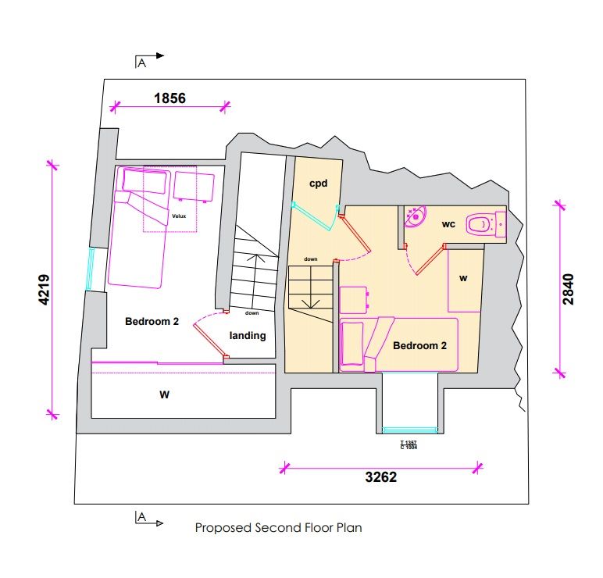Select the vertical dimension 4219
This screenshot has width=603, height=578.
click(x=45, y=290)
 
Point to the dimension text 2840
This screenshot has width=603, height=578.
click(x=568, y=288)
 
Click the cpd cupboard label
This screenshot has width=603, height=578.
click(x=317, y=184)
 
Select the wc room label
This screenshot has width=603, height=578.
click(x=448, y=224)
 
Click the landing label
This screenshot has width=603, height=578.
click(x=248, y=336)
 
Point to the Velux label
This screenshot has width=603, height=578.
click(x=179, y=215)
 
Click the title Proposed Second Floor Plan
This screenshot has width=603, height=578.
click(x=278, y=528)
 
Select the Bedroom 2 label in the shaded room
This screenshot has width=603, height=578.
click(x=419, y=344)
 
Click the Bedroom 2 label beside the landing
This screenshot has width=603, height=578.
click(x=152, y=320)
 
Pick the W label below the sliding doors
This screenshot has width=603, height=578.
click(x=164, y=394)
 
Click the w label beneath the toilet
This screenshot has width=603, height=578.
click(x=463, y=277)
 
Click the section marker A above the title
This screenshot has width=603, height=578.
click(x=141, y=517)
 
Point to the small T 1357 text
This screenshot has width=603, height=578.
click(x=408, y=443)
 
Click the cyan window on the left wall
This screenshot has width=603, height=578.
click(x=91, y=269)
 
